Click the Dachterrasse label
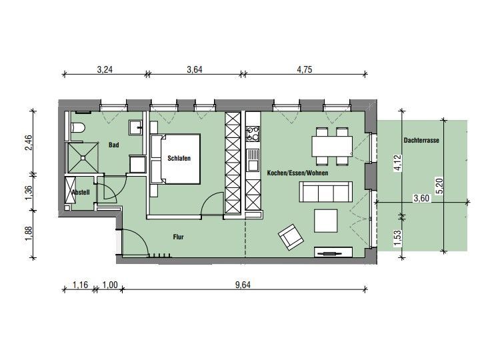pyautogui.click(x=421, y=140)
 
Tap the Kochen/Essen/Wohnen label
pyautogui.click(x=297, y=173)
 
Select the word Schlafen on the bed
pyautogui.click(x=179, y=158)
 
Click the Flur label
pyautogui.click(x=178, y=237)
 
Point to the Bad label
pyautogui.click(x=113, y=145)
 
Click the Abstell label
pyautogui.click(x=81, y=192)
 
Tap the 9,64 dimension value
pyautogui.click(x=243, y=285)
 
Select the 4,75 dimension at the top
pyautogui.click(x=305, y=69)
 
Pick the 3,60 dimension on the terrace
pyautogui.click(x=421, y=199)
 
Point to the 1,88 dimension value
pyautogui.click(x=28, y=234)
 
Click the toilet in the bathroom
pyautogui.click(x=78, y=127)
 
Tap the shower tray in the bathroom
pyautogui.click(x=83, y=157)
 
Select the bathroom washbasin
pyautogui.click(x=135, y=128)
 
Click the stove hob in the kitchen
pyautogui.click(x=253, y=133)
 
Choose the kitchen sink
pyautogui.click(x=253, y=159)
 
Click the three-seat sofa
pyautogui.click(x=326, y=192)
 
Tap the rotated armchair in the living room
pyautogui.click(x=291, y=237)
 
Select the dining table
pyautogui.click(x=332, y=146)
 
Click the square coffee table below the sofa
pyautogui.click(x=326, y=221)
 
